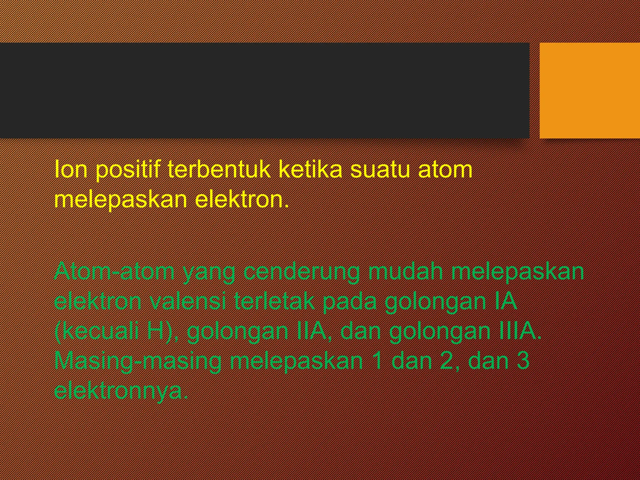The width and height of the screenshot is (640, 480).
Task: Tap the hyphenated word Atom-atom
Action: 114,271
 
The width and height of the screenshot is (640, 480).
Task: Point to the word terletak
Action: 275,301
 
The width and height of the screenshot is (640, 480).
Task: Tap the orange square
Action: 590,90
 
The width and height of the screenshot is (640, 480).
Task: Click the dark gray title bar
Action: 264,90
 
